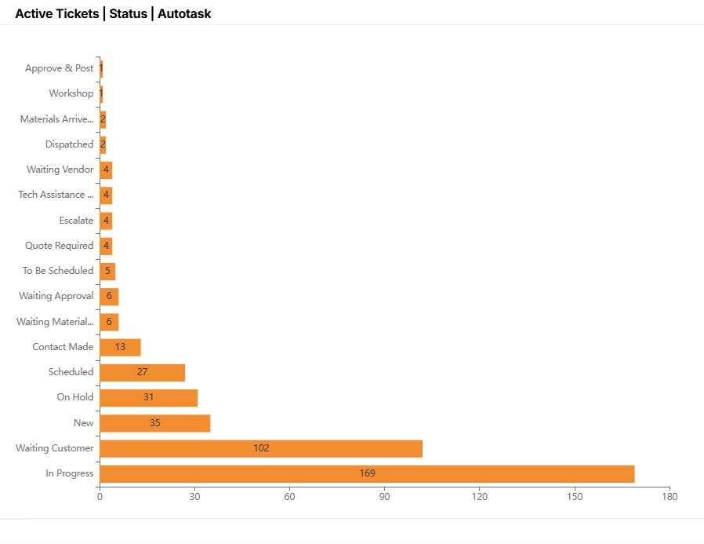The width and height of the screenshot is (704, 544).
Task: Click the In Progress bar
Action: tap(367, 473)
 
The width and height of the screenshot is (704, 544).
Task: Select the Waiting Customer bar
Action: tap(261, 448)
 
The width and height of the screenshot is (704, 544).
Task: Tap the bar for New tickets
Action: tap(154, 423)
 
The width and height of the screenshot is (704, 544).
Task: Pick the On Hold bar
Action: tap(148, 397)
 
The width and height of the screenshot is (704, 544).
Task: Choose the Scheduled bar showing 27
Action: tap(142, 372)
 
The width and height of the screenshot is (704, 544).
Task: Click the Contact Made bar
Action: tap(120, 347)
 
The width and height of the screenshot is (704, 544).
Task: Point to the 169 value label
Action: tap(367, 473)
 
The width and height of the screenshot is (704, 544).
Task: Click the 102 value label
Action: tap(261, 448)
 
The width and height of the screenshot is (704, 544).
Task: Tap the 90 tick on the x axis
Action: tap(384, 496)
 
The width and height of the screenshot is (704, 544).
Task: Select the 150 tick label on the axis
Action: tap(575, 496)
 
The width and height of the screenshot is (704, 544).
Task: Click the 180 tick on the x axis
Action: tap(670, 496)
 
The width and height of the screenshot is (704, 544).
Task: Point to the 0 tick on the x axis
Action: tap(100, 496)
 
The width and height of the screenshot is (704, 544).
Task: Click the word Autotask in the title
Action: tap(184, 13)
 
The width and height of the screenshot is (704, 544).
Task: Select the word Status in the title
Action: tap(128, 13)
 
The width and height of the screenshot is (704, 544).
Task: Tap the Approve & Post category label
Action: tap(59, 68)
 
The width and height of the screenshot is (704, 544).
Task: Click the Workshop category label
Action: tap(71, 93)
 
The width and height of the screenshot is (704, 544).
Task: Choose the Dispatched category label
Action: tap(69, 144)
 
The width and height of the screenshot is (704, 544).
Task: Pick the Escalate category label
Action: tap(76, 221)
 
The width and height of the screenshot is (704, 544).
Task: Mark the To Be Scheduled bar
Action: tap(107, 271)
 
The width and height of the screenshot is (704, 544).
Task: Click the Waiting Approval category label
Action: tap(56, 296)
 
